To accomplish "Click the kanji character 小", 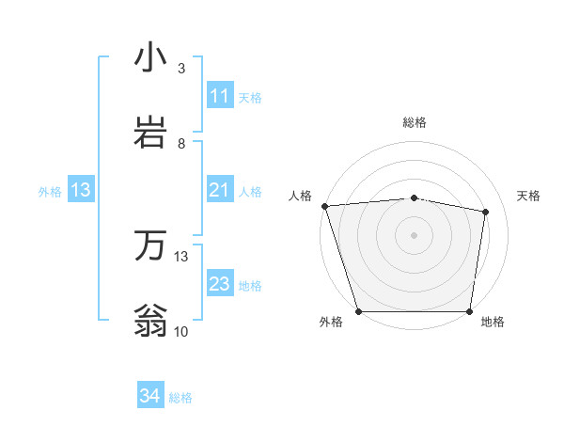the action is (150, 58).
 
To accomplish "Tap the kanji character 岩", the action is (150, 133).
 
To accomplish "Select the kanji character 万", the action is (150, 246).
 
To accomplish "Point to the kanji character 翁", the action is (150, 320).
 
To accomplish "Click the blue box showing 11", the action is (220, 96).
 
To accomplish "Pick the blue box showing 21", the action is (220, 190).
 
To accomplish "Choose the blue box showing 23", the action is (220, 284).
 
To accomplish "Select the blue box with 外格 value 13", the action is (81, 190).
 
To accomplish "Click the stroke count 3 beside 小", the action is (181, 69).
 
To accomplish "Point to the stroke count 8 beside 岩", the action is (181, 144).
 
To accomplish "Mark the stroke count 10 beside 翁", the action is (181, 331).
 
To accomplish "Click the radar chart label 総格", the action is (415, 122).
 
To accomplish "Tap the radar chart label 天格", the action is (529, 196).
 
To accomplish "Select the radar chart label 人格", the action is (300, 196).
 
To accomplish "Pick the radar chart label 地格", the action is (493, 323).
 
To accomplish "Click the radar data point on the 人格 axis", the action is (324, 206).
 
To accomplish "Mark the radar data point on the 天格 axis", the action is (486, 213).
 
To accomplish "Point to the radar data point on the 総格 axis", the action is (415, 197).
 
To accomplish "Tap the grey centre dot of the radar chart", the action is (415, 235).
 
